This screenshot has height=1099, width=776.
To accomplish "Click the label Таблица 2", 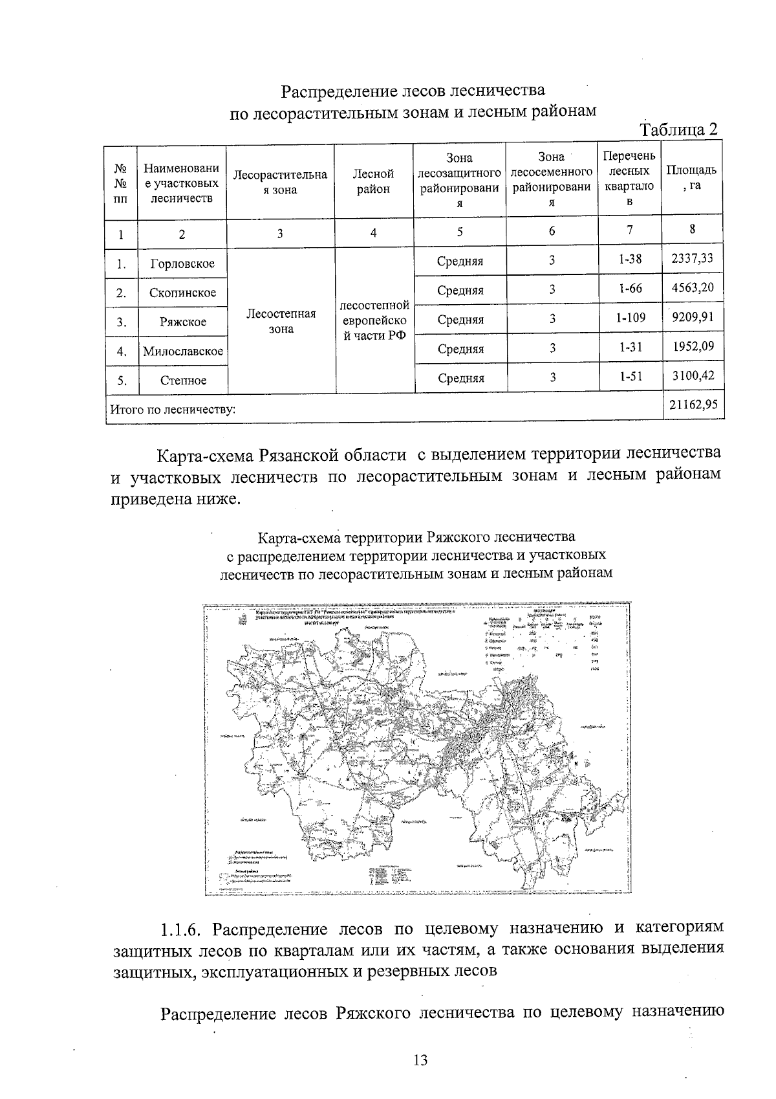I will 678,129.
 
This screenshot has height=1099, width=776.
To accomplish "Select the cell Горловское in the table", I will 182,264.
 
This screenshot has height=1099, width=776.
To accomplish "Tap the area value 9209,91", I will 693,318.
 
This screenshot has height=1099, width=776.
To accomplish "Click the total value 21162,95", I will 693,406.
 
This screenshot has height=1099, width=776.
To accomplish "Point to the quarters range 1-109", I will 630,318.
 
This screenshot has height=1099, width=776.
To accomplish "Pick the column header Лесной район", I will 373,181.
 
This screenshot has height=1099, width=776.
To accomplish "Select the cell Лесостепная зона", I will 281,321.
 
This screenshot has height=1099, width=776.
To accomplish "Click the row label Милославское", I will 183,351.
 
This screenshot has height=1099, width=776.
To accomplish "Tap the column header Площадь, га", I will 691,177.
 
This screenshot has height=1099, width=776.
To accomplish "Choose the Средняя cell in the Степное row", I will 460,378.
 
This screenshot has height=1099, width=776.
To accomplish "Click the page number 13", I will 420,1060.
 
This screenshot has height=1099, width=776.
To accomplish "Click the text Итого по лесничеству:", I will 173,409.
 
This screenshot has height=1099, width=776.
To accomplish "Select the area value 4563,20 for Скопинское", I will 693,287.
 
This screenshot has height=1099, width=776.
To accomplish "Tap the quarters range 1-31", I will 630,348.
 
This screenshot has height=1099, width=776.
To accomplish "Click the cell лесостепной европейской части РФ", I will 374,321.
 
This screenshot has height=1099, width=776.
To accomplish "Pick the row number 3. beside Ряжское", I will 121,322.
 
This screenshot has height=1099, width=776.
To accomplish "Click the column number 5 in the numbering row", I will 459,232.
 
